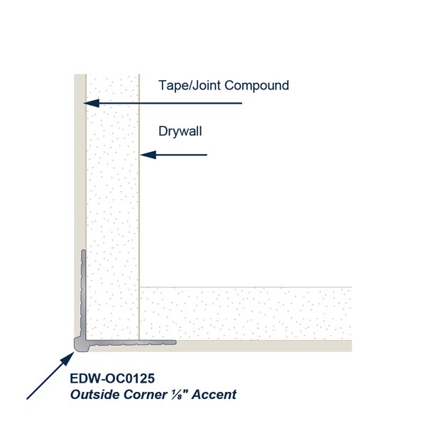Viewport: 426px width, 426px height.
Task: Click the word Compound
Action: (256, 85)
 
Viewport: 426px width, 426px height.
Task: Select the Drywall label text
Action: (180, 131)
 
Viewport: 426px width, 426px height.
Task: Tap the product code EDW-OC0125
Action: (112, 378)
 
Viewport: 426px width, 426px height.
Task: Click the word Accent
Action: (214, 395)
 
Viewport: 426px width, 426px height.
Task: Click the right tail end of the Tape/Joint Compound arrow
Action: (242, 103)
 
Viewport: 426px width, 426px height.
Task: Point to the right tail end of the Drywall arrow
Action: (207, 155)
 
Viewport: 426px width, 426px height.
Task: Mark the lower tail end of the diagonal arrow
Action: (27, 399)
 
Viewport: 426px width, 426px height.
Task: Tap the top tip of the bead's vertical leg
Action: (83, 250)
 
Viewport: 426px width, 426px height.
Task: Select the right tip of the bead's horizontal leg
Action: (176, 343)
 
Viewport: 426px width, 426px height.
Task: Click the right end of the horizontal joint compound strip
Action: (351, 346)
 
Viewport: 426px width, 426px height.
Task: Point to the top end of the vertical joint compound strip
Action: (80, 75)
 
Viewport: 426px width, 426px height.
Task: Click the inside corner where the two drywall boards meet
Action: (139, 287)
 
